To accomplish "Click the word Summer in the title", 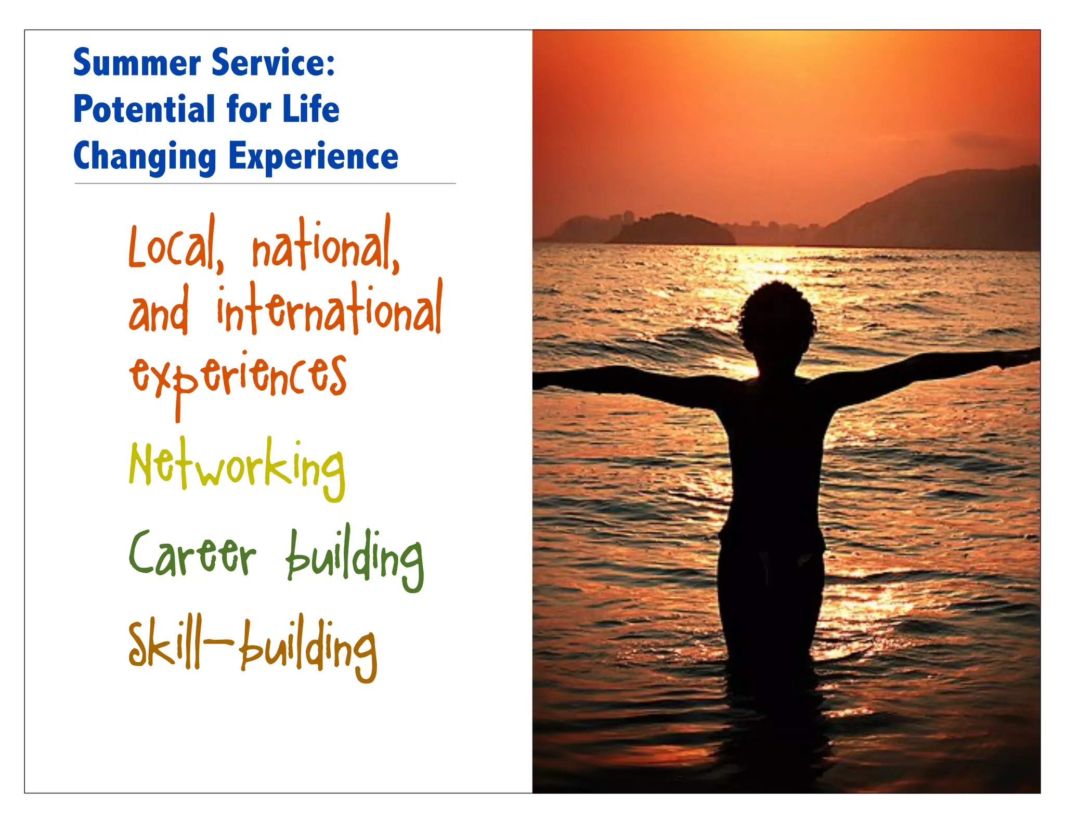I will tap(137, 63).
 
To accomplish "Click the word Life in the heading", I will tap(310, 109).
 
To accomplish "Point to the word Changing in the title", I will tap(145, 157).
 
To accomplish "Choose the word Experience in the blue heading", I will tap(313, 157).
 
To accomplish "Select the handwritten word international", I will tap(329, 309).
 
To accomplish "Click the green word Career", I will tap(192, 554).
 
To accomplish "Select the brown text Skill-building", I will tap(252, 648).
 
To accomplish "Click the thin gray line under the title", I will tap(265, 184).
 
